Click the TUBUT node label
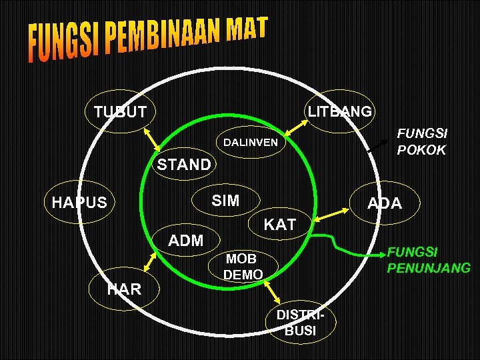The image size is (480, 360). pos(120,111)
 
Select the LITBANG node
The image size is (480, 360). pos(339,111)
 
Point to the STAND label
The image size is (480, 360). pos(183,165)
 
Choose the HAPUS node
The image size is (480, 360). pos(79,202)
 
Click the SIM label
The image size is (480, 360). pos(225,201)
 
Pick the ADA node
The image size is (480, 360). pos(386,203)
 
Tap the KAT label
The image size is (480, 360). pos(279,225)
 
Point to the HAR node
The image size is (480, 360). pos(124,289)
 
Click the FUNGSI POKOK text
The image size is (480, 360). pos(421,141)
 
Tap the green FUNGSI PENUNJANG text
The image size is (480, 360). pos(429,260)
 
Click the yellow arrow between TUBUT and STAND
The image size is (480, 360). pos(153,140)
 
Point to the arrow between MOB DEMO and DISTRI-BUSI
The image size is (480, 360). pos(273,292)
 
